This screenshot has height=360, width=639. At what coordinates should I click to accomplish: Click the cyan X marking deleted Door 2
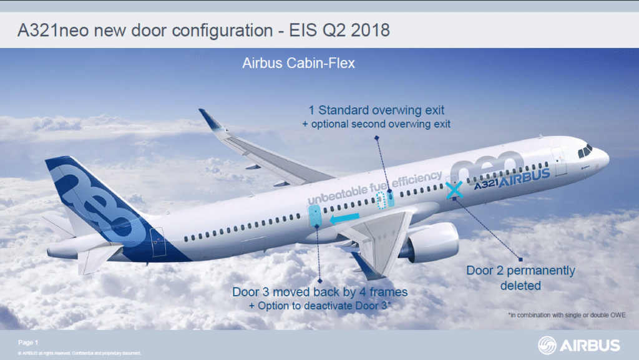tap(454, 190)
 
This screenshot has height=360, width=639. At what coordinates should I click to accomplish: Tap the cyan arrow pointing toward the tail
tap(344, 218)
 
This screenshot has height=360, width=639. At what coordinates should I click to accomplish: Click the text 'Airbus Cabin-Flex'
tap(298, 64)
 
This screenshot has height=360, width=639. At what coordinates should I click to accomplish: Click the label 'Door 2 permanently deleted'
tap(520, 278)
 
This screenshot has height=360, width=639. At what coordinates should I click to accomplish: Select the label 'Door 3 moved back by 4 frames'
tap(320, 292)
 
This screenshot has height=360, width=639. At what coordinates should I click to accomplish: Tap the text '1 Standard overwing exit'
tap(377, 110)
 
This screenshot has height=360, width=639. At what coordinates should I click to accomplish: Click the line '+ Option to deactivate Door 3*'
tap(320, 306)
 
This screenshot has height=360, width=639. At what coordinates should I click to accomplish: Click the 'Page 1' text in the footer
tap(28, 342)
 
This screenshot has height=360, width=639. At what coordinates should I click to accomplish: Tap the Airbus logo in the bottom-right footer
tap(579, 345)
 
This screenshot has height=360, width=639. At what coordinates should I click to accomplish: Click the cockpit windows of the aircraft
tap(585, 150)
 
